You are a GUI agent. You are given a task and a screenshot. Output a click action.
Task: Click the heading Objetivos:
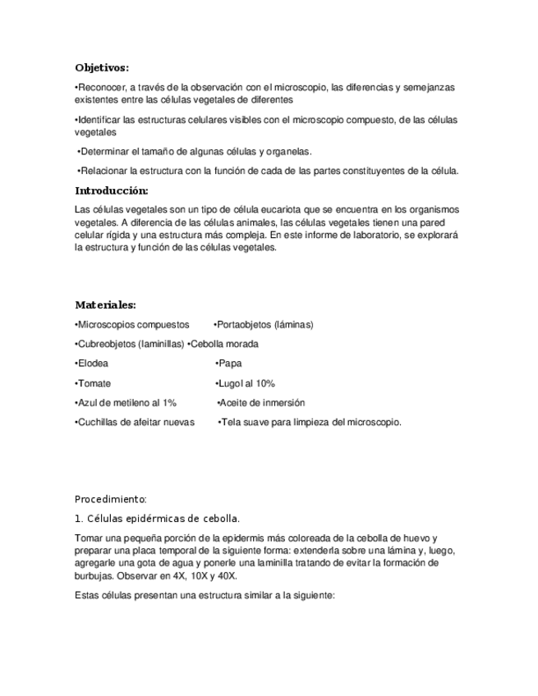pos(102,67)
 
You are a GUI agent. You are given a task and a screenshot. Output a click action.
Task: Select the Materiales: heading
pos(105,304)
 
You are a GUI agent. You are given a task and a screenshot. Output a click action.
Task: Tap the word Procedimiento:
pos(111,498)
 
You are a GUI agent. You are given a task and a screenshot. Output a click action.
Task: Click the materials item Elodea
pos(92,364)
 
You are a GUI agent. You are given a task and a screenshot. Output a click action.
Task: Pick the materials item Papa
pos(229,364)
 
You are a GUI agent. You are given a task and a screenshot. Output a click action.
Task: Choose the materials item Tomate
pos(94,383)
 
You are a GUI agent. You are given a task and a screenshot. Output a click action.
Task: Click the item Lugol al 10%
pos(246,383)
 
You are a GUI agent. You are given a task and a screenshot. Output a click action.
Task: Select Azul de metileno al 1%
pos(126,403)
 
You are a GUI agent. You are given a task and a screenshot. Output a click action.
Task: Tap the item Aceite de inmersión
pos(261,403)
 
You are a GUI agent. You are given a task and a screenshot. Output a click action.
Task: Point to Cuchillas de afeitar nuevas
pos(135,423)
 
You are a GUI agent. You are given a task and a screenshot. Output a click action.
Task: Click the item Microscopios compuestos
pos(132,324)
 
